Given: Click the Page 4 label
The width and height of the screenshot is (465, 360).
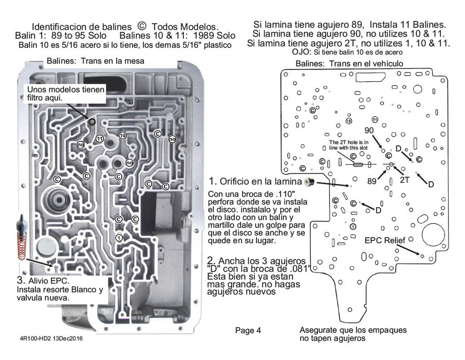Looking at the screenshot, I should [x=248, y=331].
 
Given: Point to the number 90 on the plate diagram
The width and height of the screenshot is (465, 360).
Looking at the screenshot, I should [x=369, y=130].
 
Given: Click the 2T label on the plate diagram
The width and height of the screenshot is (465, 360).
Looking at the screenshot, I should [x=405, y=179].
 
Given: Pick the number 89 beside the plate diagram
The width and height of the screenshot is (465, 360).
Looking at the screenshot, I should [x=371, y=181].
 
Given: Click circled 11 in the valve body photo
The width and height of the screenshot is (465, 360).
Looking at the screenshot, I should [x=100, y=138].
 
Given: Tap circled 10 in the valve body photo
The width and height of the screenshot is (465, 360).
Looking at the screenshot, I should [x=122, y=135].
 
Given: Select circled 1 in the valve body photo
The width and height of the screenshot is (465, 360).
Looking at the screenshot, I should [x=119, y=237].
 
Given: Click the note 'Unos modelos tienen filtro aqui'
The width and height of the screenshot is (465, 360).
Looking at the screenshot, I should [x=60, y=94].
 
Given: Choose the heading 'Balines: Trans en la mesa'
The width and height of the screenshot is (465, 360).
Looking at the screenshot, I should [x=95, y=61].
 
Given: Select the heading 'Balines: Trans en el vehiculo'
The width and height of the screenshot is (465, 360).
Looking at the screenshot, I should [x=349, y=63].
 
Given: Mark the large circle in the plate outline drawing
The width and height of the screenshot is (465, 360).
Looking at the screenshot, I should [x=433, y=236].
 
